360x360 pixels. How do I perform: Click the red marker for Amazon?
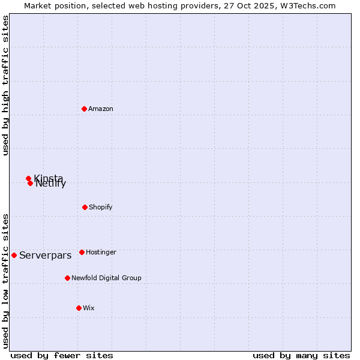85,109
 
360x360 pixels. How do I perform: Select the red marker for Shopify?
85,207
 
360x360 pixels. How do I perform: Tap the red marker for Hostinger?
82,252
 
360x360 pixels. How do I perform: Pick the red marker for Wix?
79,308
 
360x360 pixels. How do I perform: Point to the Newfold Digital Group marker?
67,278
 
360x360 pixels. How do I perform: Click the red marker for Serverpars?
14,255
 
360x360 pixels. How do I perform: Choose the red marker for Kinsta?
28,178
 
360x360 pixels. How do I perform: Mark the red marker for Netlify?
30,183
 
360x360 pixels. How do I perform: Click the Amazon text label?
101,109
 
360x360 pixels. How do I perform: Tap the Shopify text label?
101,207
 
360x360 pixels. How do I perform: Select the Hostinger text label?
101,252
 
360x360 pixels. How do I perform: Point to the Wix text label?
89,308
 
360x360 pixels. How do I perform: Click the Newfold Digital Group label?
106,278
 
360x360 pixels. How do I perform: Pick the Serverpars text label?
45,255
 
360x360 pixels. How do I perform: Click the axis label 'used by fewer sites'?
62,355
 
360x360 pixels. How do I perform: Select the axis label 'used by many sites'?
301,355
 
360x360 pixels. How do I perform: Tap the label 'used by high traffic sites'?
5,85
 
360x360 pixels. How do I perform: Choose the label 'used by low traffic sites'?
5,281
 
